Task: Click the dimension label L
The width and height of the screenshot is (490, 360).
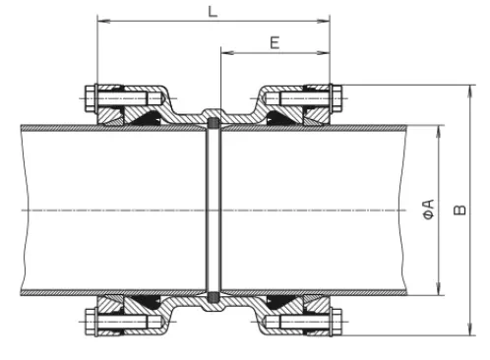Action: [213, 12]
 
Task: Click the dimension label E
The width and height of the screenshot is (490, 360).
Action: [275, 43]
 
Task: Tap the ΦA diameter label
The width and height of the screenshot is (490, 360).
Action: [428, 210]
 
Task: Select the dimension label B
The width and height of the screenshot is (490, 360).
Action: [459, 210]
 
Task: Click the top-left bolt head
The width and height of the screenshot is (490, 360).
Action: [90, 98]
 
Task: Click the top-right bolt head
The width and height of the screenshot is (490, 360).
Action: [337, 98]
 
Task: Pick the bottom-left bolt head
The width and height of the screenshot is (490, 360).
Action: [90, 322]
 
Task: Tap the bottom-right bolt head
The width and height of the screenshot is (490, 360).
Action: [337, 322]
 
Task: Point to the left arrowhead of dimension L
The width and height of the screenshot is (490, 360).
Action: [103, 21]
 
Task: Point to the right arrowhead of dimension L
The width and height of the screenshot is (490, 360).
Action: [324, 21]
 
